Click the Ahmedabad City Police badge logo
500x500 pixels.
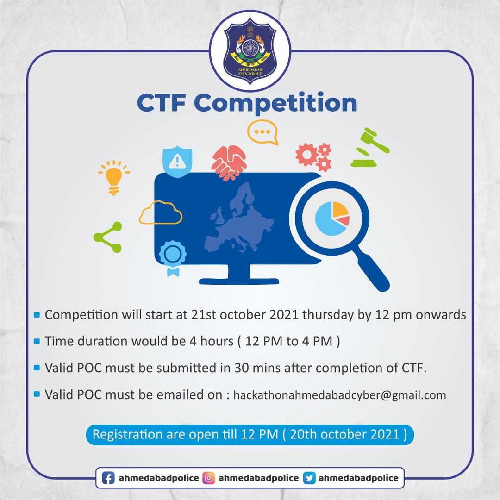coord(250,51)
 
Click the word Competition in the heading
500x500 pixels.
coord(275,103)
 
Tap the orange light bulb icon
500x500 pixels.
coord(114,177)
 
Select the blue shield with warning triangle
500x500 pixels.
coord(177,162)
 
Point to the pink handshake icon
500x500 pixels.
coord(229,162)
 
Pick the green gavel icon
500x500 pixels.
coord(370,147)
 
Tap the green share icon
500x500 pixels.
coord(108,237)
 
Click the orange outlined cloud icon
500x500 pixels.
coord(160,212)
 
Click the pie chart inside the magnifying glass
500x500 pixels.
coord(332,219)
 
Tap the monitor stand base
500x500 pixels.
coord(239,281)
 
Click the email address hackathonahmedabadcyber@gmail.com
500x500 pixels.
coord(340,395)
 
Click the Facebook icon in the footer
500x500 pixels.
coord(108,478)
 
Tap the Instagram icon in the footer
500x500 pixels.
coord(208,478)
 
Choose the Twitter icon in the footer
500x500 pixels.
coord(309,478)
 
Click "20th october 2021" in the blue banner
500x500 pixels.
coord(344,434)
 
